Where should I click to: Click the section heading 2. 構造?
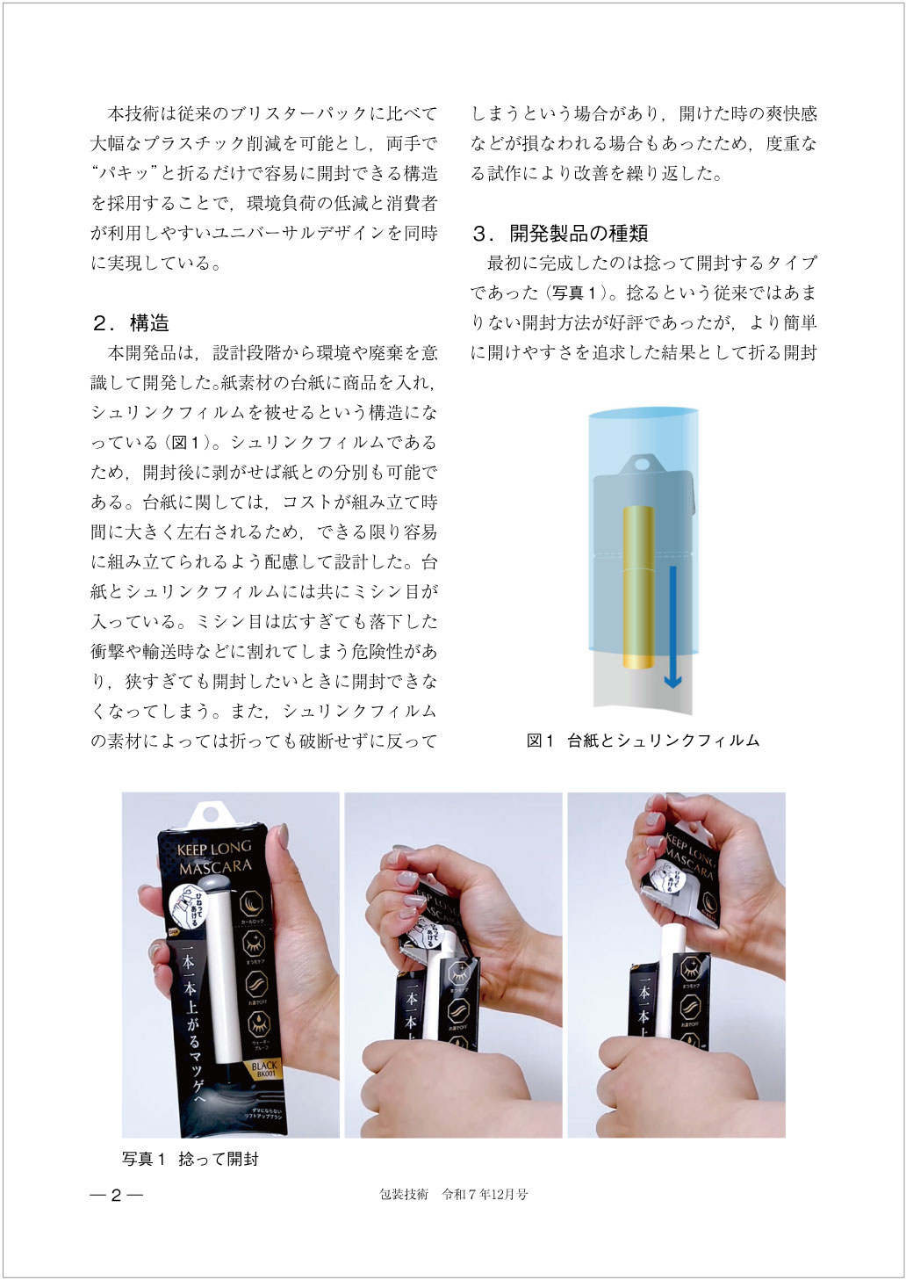[x=131, y=323]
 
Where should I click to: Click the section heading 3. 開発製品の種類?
[x=560, y=234]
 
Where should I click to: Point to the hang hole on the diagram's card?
[x=644, y=462]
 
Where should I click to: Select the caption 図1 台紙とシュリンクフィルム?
[x=643, y=741]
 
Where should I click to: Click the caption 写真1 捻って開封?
[x=191, y=1160]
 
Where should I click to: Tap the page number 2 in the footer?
[x=116, y=1195]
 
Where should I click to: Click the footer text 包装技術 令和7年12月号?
[x=453, y=1195]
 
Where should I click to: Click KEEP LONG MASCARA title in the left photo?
[x=214, y=858]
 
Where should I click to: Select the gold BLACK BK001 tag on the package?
[x=263, y=1069]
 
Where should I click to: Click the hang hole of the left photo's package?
[x=210, y=814]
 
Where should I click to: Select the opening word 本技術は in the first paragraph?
[x=142, y=114]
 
